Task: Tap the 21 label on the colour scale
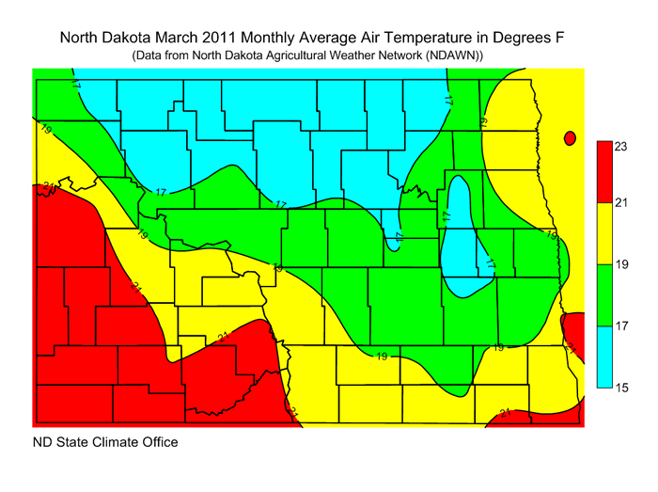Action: tap(621, 203)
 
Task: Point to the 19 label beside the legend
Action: tap(621, 265)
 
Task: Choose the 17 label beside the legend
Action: tap(621, 327)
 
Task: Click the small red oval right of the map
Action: tap(569, 138)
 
